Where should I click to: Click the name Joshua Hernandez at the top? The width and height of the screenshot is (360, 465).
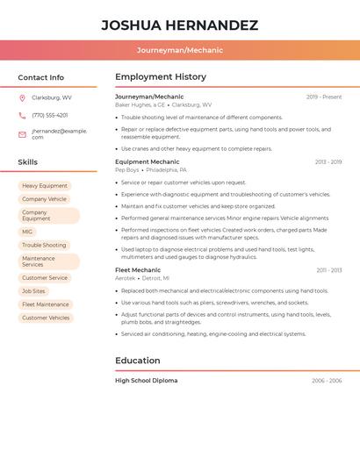click(179, 25)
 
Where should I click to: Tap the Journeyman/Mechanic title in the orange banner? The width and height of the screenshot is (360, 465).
click(179, 50)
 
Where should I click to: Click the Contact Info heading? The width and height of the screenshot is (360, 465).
click(41, 77)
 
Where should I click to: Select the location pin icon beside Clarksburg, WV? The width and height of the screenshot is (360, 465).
click(22, 97)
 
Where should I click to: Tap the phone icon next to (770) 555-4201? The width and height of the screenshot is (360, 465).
click(22, 115)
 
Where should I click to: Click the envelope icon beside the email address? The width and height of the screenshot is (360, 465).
click(22, 133)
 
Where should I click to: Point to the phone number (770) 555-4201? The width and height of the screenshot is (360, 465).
click(50, 115)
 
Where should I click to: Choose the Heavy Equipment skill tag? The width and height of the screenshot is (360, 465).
click(45, 186)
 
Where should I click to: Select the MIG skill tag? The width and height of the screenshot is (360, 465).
click(27, 232)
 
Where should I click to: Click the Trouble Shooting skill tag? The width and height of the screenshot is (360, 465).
click(44, 245)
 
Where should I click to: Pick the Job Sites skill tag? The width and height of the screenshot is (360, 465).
click(33, 290)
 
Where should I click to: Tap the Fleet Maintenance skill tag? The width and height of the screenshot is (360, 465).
click(46, 304)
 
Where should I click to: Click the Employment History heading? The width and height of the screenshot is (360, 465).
click(161, 77)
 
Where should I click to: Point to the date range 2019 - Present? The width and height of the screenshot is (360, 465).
click(324, 97)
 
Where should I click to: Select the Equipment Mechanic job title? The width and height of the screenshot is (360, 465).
click(147, 161)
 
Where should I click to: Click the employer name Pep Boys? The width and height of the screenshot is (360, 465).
click(127, 169)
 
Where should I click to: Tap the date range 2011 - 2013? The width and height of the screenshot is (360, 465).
click(329, 270)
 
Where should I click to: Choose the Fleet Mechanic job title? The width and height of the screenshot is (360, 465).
click(138, 270)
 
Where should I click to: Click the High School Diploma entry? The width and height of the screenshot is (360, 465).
click(146, 381)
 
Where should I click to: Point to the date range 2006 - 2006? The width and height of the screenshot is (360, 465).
click(327, 381)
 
